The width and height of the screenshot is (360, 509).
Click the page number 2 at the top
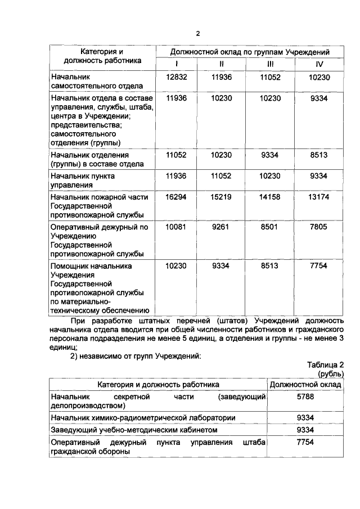(x=197, y=33)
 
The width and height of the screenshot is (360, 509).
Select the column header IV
(x=319, y=64)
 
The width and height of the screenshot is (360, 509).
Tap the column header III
(x=270, y=64)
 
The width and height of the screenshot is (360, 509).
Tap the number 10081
(x=176, y=228)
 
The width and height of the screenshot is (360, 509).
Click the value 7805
(x=319, y=228)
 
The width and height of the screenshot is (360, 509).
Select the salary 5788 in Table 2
(x=305, y=397)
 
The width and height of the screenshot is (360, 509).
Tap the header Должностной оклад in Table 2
(x=305, y=384)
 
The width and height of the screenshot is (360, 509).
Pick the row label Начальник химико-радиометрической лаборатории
(x=143, y=417)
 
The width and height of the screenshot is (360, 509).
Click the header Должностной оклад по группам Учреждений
(x=249, y=52)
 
